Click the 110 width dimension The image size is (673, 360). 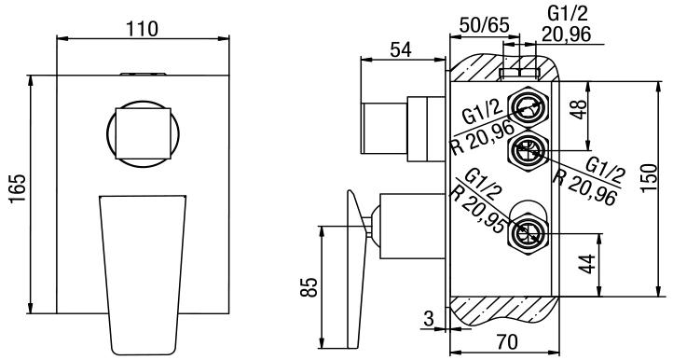[143, 29]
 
